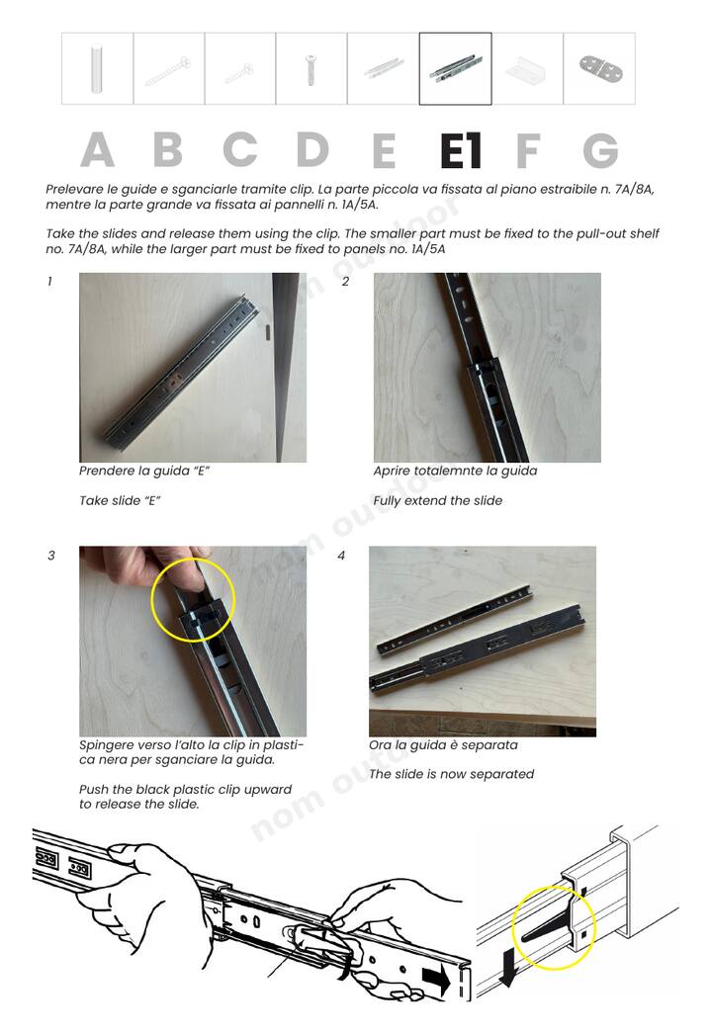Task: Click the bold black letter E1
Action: [461, 150]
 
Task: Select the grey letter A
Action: [98, 150]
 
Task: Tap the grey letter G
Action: [600, 150]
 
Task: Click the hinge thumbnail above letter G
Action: [599, 68]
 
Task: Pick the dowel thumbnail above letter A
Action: [97, 68]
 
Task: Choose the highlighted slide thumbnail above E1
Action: [455, 68]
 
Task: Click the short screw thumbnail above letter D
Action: [311, 69]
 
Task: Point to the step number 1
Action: [49, 282]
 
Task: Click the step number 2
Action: [345, 282]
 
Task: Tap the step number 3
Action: [50, 556]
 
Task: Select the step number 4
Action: [341, 556]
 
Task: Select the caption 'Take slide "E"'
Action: [120, 500]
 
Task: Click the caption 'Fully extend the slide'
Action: [437, 500]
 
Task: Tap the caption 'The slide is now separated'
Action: [451, 774]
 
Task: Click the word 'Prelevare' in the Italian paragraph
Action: [72, 189]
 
